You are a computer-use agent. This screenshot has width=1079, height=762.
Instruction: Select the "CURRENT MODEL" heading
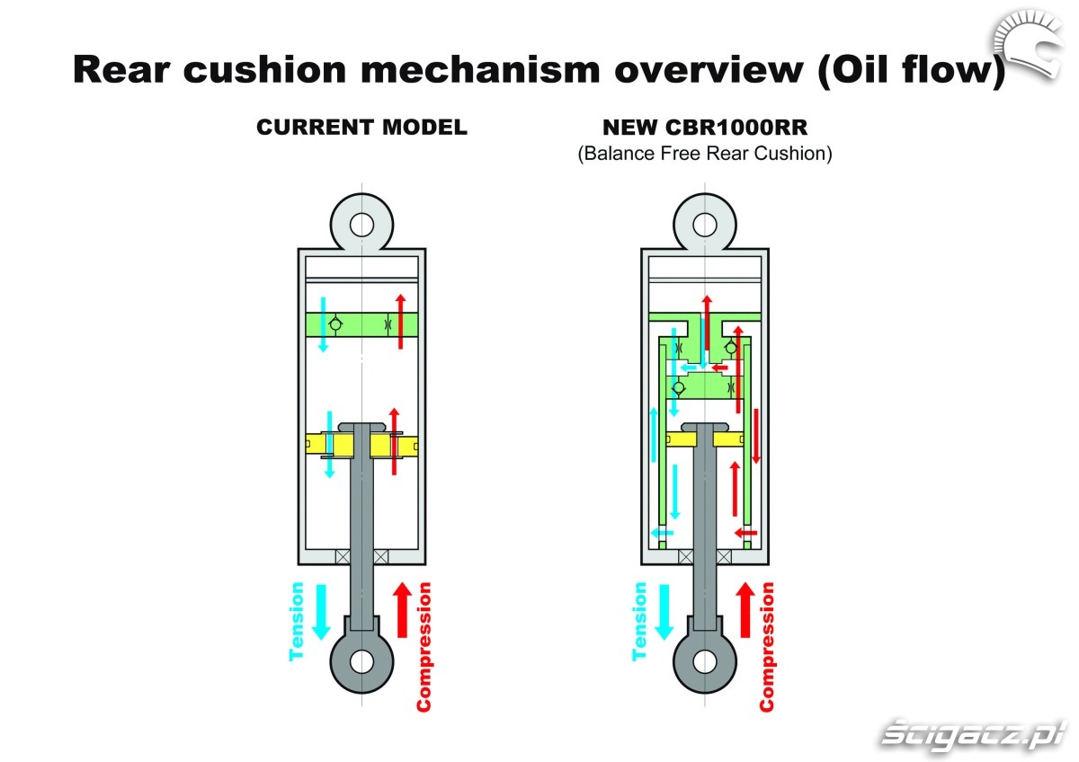361,128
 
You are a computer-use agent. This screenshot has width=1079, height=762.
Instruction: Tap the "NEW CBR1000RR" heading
704,128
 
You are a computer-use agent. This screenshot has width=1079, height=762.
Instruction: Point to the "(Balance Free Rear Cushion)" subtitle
704,154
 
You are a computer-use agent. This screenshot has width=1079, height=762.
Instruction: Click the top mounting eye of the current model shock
361,223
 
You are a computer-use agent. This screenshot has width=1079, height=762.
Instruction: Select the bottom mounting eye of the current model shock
361,661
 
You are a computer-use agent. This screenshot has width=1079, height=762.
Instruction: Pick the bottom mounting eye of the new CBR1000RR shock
704,661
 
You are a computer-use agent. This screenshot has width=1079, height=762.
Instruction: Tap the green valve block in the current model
361,323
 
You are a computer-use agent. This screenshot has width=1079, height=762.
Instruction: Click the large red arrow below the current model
402,611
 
